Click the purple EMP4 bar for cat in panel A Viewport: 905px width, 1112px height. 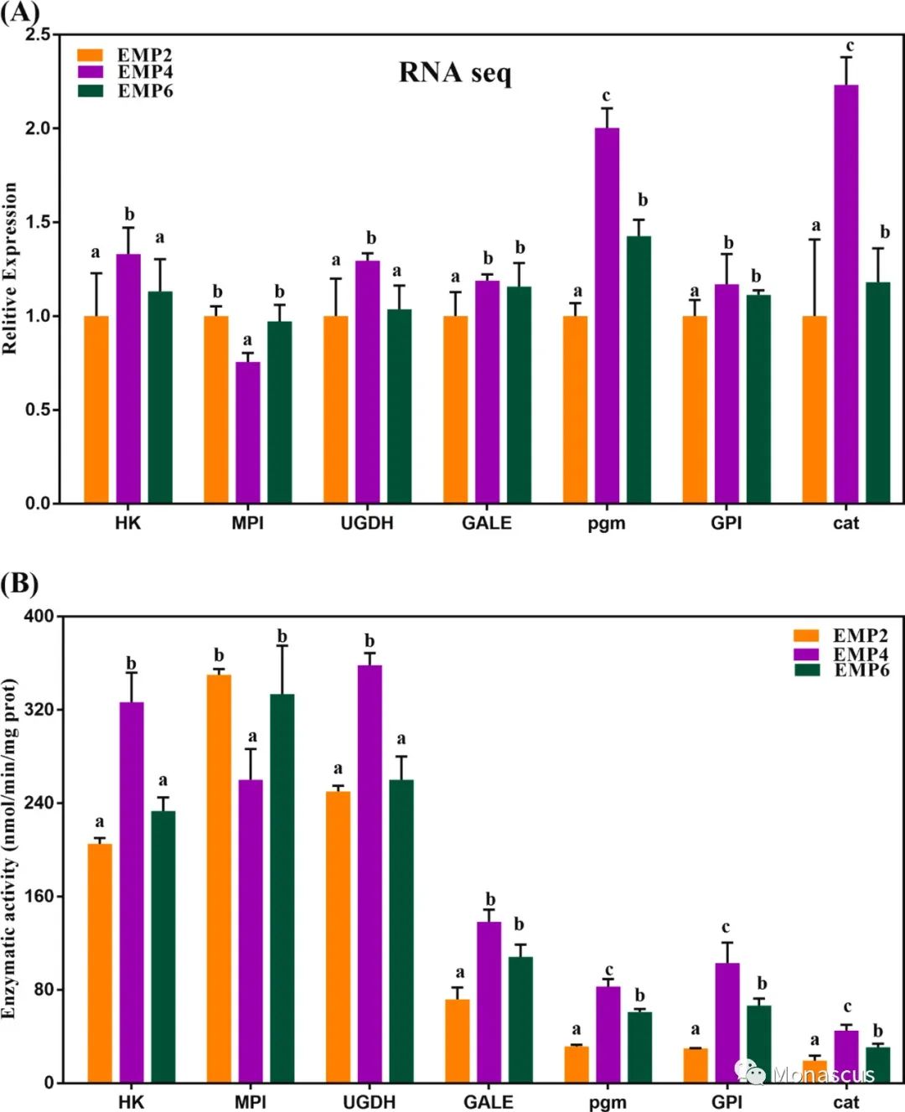click(x=846, y=293)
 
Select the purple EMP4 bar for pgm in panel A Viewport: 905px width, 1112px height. click(x=607, y=315)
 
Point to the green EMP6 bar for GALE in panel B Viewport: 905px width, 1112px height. click(x=520, y=1019)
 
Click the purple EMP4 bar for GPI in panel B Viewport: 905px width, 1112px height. click(x=727, y=1022)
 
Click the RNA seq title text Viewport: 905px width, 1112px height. click(x=454, y=73)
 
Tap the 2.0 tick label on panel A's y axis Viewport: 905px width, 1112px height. click(x=38, y=128)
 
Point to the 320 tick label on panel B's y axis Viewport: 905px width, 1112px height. click(x=39, y=709)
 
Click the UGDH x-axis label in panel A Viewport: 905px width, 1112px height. click(x=367, y=523)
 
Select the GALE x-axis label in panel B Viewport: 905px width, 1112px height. click(x=488, y=1102)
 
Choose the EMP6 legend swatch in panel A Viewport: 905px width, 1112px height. click(x=90, y=91)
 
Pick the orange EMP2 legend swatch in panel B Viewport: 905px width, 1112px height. click(x=806, y=635)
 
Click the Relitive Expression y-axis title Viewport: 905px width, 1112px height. click(x=10, y=268)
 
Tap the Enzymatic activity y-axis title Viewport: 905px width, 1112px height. click(x=10, y=848)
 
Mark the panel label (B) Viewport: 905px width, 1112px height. click(x=19, y=582)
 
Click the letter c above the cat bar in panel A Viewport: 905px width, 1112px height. click(x=849, y=46)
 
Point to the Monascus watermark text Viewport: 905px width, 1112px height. click(x=824, y=1074)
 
